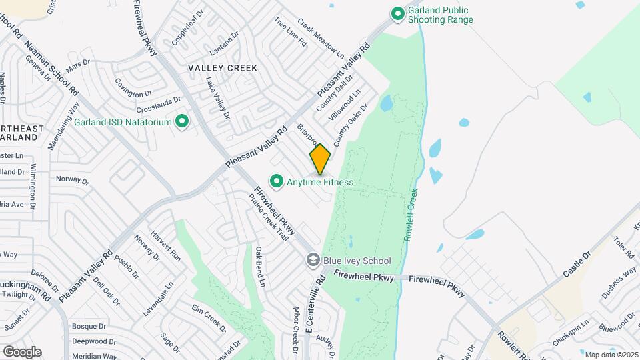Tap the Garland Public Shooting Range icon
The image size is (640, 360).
click(398, 13)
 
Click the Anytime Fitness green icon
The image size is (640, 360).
click(275, 181)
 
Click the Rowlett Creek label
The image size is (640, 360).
click(411, 214)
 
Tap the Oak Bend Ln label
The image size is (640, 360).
click(260, 267)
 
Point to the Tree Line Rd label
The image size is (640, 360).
click(290, 31)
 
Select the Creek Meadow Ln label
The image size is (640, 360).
click(320, 39)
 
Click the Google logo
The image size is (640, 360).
click(22, 351)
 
